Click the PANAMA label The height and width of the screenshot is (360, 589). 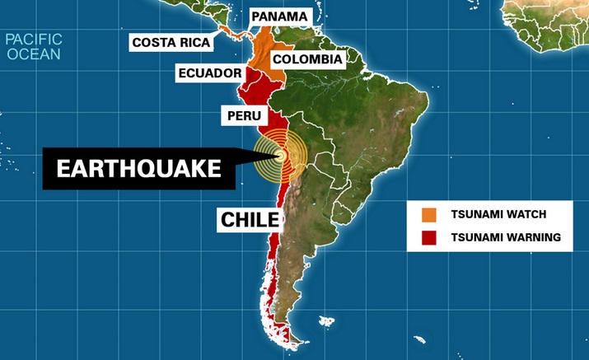coord(279,16)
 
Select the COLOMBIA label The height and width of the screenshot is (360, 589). coord(306,59)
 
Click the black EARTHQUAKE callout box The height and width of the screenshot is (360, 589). coord(138,169)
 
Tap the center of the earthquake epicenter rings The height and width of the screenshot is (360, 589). coord(280,154)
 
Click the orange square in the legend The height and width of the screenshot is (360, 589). coord(428,214)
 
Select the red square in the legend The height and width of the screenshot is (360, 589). coord(428,237)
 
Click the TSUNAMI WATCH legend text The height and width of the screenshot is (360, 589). coord(498,214)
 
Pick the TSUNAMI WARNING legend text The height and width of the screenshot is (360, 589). coord(506,237)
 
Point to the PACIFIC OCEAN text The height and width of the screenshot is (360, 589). coord(33,46)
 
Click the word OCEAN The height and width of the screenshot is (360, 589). coord(35,54)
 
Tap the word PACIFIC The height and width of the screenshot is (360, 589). coord(33,39)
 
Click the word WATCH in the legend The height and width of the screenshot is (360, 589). coord(526,214)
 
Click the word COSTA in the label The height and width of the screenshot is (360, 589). coord(152,42)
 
